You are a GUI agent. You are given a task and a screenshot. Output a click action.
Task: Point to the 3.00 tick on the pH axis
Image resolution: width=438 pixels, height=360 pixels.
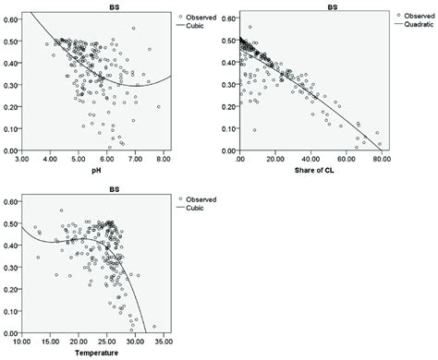[31, 159]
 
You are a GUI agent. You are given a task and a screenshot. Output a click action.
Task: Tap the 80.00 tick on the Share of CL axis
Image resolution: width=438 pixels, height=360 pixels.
[379, 159]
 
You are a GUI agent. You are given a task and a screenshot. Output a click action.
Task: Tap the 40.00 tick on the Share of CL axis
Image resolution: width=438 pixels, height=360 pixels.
[310, 159]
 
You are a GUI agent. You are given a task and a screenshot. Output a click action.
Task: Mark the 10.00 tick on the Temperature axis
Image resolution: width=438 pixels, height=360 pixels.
[31, 341]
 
